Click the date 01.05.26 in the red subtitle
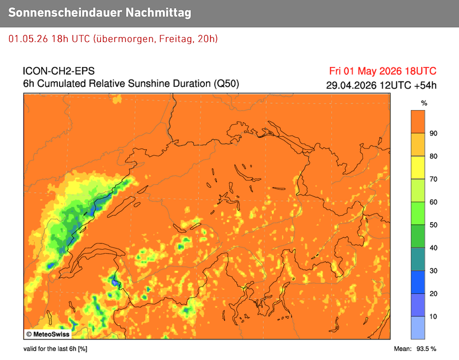pos(28,38)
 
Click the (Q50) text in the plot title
pos(226,84)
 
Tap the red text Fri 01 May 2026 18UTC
pos(383,71)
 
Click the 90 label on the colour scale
pos(433,133)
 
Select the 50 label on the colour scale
pos(433,225)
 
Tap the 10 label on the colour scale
pos(433,316)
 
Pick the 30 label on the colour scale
pos(433,270)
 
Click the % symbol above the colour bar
pos(424,103)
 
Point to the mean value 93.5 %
pos(425,349)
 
